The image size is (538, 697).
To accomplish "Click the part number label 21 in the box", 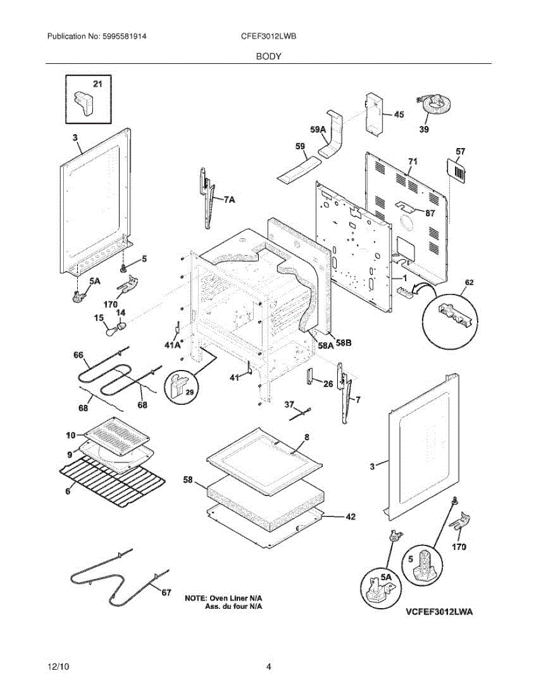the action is tap(98, 84).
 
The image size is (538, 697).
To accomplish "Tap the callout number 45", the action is tap(399, 114).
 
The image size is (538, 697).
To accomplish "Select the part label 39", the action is tap(424, 130).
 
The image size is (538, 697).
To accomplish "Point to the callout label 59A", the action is tap(318, 130).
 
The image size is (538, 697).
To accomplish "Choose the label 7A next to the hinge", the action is tap(229, 200).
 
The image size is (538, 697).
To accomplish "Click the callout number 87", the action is tap(429, 213).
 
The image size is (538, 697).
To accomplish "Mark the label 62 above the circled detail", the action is tap(469, 282).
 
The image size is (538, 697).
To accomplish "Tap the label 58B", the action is tap(344, 343).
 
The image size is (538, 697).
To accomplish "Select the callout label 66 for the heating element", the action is tap(78, 355).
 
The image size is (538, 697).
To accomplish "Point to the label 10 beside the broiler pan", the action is tap(71, 435).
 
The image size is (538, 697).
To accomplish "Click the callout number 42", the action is tap(351, 517).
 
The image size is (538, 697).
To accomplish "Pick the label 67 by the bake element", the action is tap(166, 593).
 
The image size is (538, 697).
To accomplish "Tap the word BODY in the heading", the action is tap(269, 56).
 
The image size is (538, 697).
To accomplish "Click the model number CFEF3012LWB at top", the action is tap(269, 36).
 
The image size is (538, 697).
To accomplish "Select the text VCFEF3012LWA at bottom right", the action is tap(439, 612).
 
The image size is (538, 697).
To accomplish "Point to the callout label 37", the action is tap(290, 405).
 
